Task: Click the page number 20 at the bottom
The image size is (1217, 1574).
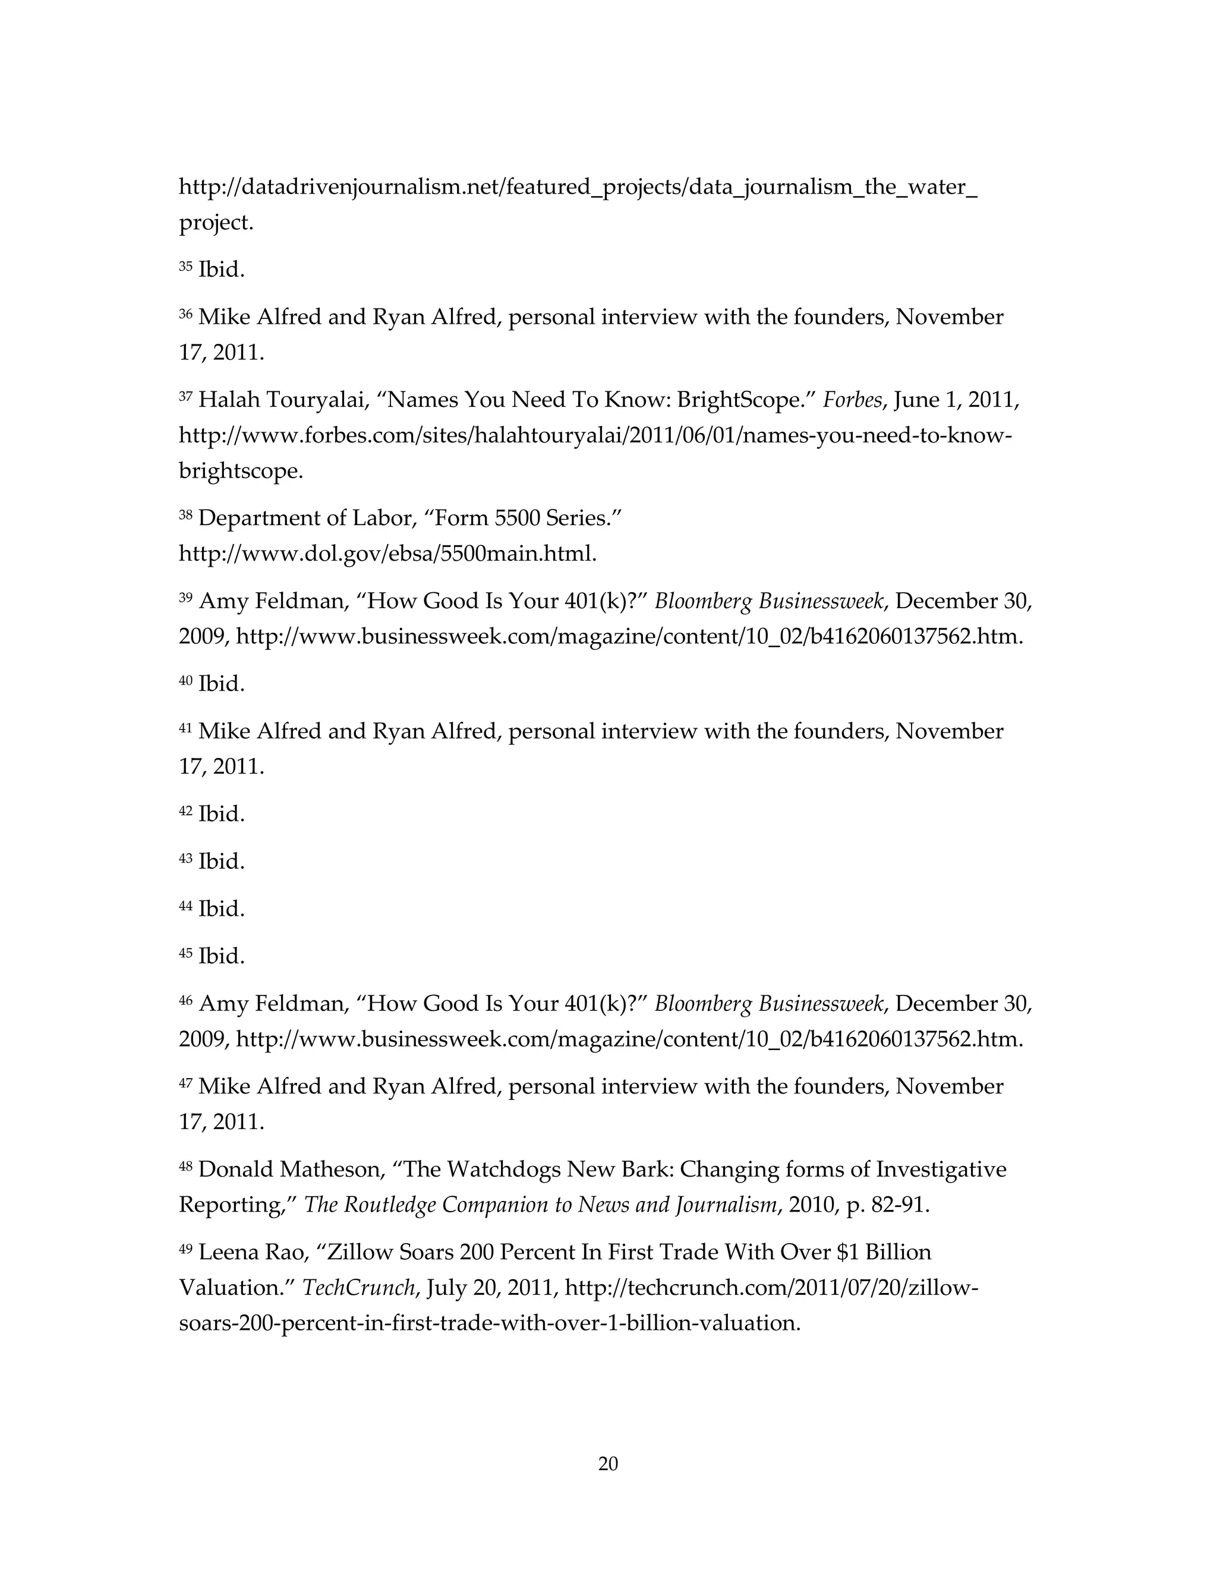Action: point(608,1464)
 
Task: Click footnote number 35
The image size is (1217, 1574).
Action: point(185,267)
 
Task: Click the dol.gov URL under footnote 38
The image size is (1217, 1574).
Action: point(387,554)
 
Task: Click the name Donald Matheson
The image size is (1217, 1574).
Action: point(290,1168)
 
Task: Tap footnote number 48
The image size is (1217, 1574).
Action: point(185,1165)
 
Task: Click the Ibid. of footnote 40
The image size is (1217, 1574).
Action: point(221,683)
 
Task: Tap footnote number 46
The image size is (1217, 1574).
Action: point(185,1000)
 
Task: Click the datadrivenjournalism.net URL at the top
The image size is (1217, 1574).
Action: point(578,187)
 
